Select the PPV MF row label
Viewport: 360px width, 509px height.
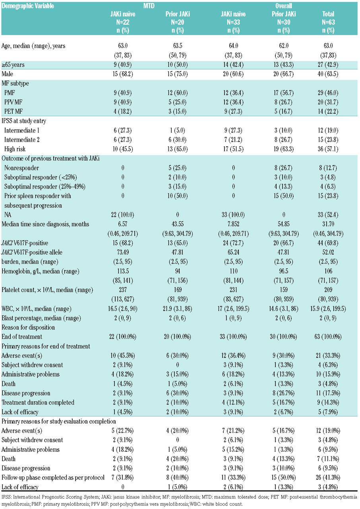pos(15,103)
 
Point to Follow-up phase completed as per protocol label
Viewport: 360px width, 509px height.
pos(53,478)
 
